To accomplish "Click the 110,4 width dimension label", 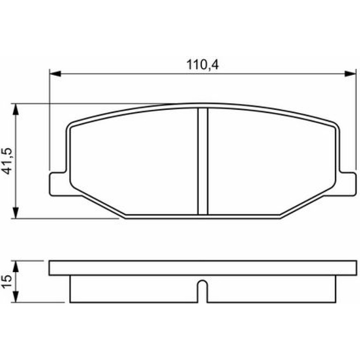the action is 202,65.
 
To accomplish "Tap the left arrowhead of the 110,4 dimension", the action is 55,74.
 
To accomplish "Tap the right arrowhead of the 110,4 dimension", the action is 350,74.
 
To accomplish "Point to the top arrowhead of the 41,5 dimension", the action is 15,109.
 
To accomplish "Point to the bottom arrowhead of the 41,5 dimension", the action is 15,213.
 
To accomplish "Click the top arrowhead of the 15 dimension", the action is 15,266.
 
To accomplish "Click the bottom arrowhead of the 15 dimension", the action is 15,297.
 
